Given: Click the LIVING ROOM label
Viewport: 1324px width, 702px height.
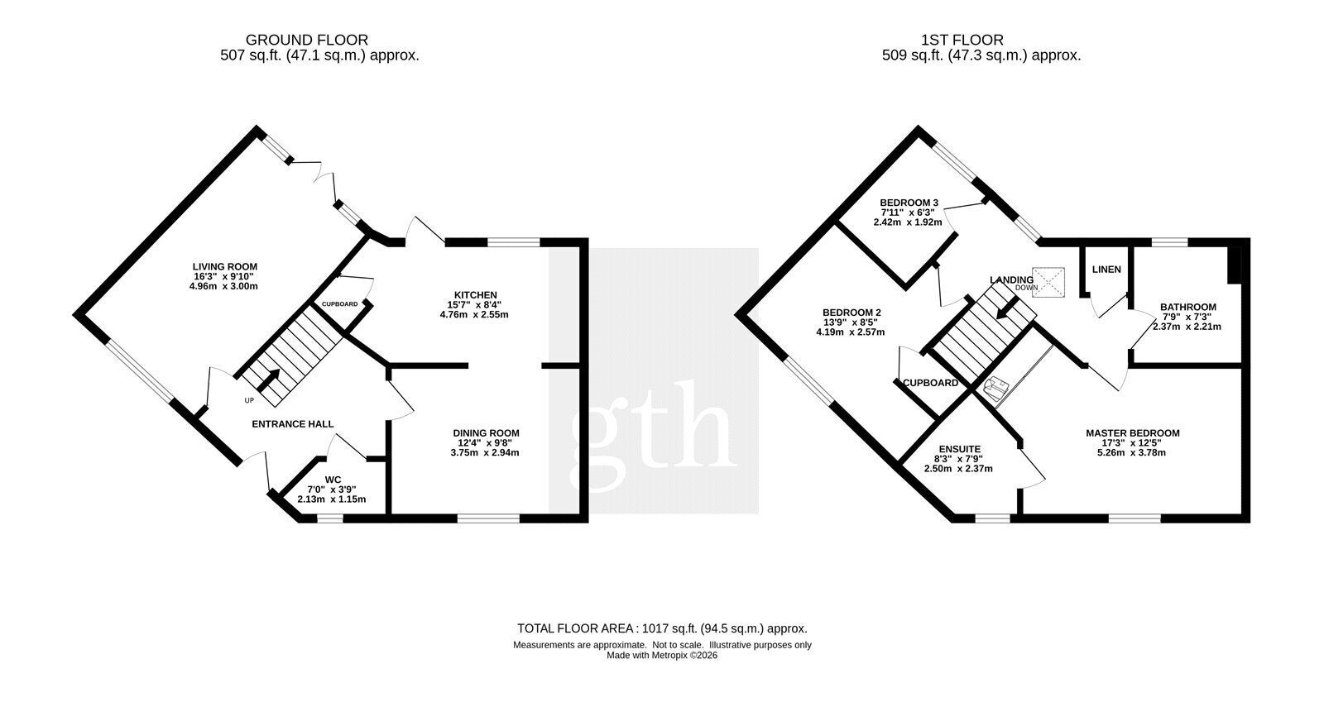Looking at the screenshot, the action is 224,267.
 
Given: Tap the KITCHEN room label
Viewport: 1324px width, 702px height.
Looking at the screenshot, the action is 475,295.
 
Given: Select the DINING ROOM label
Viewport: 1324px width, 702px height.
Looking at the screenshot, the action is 486,433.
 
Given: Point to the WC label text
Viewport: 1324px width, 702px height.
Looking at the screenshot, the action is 333,480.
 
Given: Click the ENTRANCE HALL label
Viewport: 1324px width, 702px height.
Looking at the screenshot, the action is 293,424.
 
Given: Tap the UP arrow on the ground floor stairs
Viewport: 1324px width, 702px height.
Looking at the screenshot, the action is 268,380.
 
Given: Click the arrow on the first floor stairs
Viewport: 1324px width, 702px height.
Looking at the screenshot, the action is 1006,308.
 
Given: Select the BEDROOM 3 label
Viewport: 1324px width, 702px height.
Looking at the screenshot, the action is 909,203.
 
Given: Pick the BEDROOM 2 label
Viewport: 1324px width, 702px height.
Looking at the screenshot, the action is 851,313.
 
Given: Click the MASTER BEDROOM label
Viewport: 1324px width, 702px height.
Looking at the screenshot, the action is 1133,433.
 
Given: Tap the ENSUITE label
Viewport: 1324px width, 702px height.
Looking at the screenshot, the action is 959,449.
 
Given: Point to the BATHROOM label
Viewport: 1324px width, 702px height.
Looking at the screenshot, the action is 1188,307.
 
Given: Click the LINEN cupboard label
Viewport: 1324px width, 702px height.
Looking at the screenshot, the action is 1106,270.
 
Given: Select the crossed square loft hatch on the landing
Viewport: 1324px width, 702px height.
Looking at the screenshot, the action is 1048,282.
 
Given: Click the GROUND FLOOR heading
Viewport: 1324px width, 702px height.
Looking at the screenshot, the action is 307,41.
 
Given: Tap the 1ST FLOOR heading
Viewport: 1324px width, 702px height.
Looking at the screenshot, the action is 962,41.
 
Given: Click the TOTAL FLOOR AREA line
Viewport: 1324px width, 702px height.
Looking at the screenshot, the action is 662,628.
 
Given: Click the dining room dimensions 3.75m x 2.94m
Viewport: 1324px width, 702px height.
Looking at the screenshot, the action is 485,453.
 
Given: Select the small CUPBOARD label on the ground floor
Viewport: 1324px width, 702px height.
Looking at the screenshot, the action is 339,304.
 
